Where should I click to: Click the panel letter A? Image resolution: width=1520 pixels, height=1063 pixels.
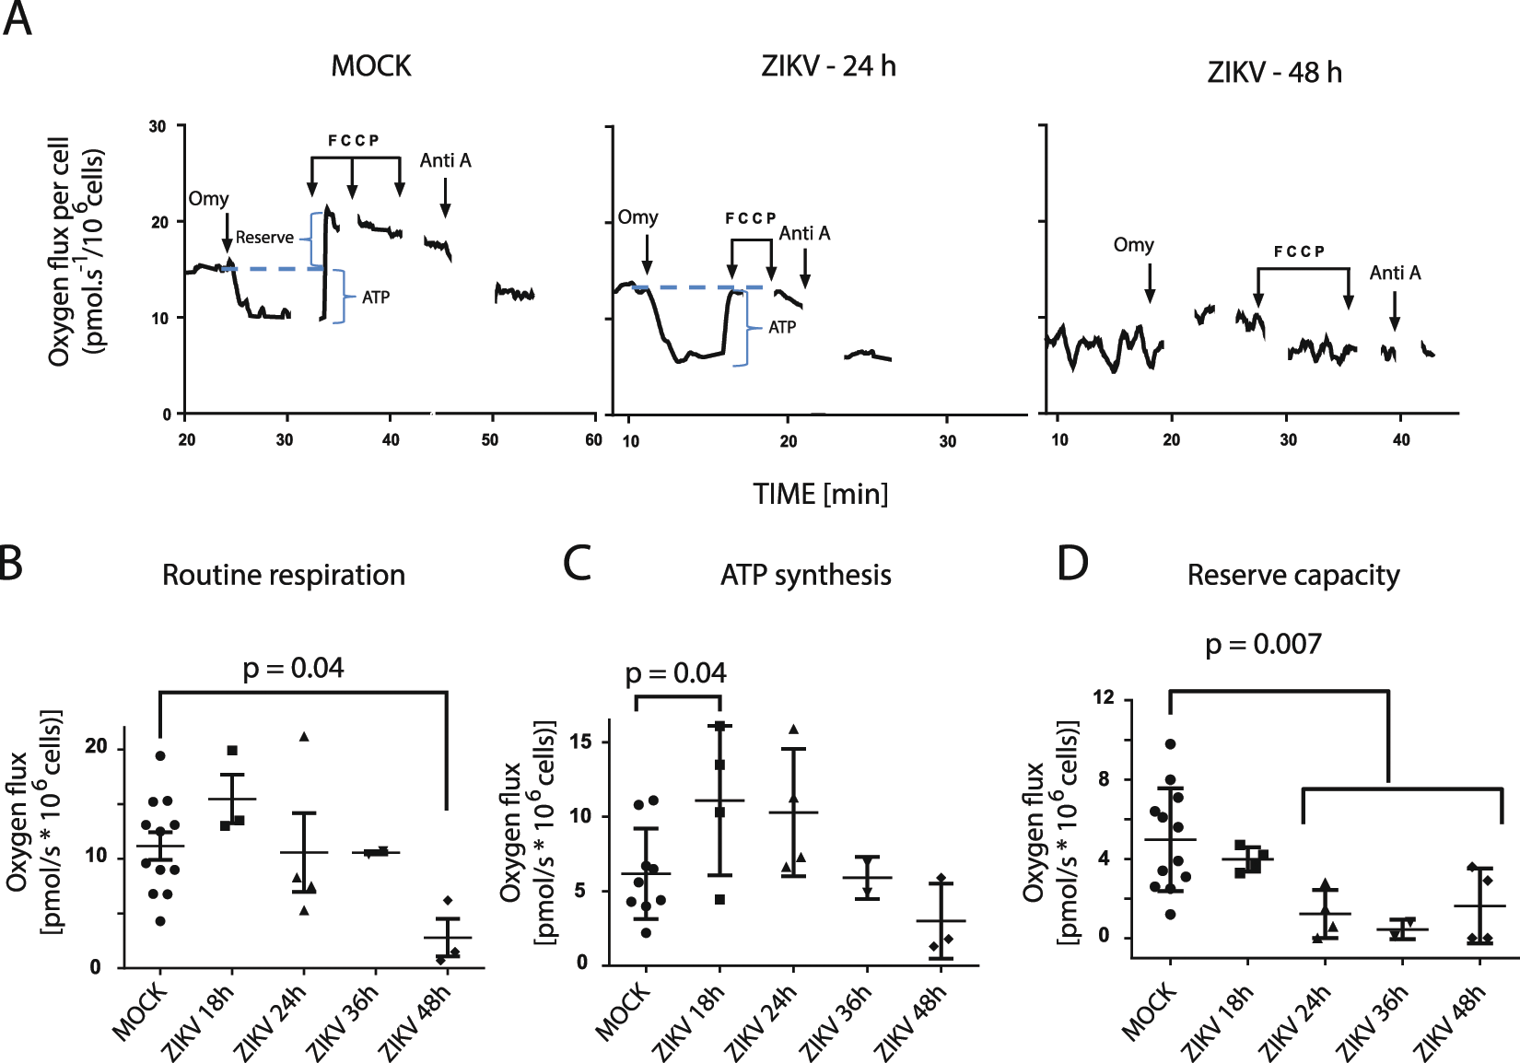pyautogui.click(x=18, y=18)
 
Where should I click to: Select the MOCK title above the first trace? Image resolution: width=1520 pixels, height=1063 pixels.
pyautogui.click(x=371, y=66)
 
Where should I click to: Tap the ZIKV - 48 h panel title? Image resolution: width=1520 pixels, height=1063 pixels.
pyautogui.click(x=1274, y=72)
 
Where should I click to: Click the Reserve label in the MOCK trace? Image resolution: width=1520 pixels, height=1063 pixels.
pyautogui.click(x=264, y=238)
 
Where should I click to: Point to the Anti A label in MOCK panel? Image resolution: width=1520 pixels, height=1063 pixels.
pyautogui.click(x=445, y=161)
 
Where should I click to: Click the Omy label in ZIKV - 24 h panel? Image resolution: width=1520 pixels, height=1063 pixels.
pyautogui.click(x=637, y=217)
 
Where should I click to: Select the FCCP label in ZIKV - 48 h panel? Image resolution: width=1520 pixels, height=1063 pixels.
pyautogui.click(x=1299, y=251)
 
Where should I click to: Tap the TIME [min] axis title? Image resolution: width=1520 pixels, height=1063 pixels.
pyautogui.click(x=820, y=495)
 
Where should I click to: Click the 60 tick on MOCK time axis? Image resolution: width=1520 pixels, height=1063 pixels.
pyautogui.click(x=593, y=440)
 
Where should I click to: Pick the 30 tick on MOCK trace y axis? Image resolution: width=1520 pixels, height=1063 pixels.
pyautogui.click(x=158, y=126)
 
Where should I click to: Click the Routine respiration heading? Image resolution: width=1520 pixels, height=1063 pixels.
pyautogui.click(x=284, y=576)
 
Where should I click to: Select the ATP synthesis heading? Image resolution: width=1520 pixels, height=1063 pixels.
pyautogui.click(x=805, y=576)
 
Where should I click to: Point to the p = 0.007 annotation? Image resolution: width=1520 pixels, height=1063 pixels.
pyautogui.click(x=1263, y=644)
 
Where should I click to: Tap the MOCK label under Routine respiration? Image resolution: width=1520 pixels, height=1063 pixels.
pyautogui.click(x=141, y=1011)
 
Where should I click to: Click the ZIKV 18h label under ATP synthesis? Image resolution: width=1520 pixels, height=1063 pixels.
pyautogui.click(x=688, y=1022)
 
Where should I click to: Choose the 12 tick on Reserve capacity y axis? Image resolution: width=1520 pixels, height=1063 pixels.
pyautogui.click(x=1103, y=697)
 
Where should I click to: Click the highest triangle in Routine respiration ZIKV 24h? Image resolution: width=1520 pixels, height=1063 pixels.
pyautogui.click(x=303, y=736)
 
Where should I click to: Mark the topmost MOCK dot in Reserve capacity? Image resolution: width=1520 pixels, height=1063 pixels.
pyautogui.click(x=1170, y=743)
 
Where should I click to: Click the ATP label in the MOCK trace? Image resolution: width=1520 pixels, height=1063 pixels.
pyautogui.click(x=375, y=298)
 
